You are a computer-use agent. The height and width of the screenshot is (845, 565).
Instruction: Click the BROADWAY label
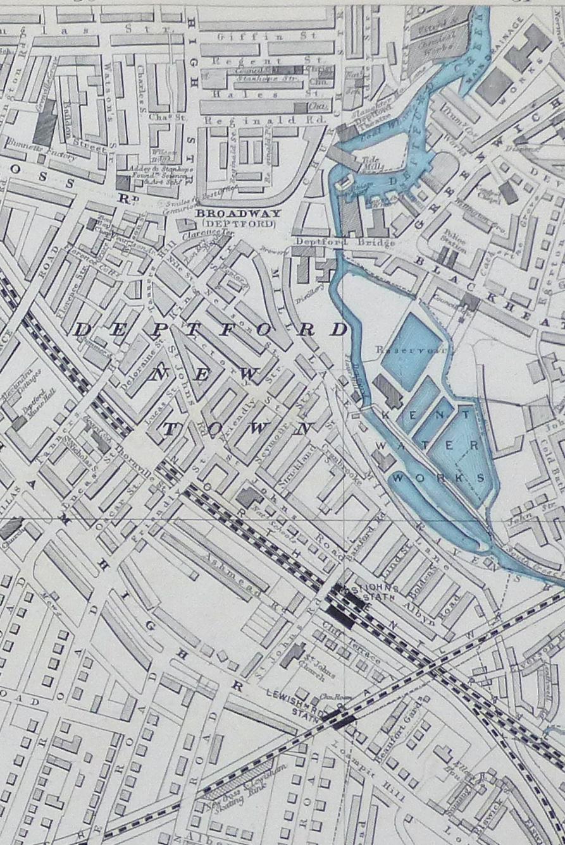click(235, 214)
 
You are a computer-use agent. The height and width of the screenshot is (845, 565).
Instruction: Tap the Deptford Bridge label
click(345, 242)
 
